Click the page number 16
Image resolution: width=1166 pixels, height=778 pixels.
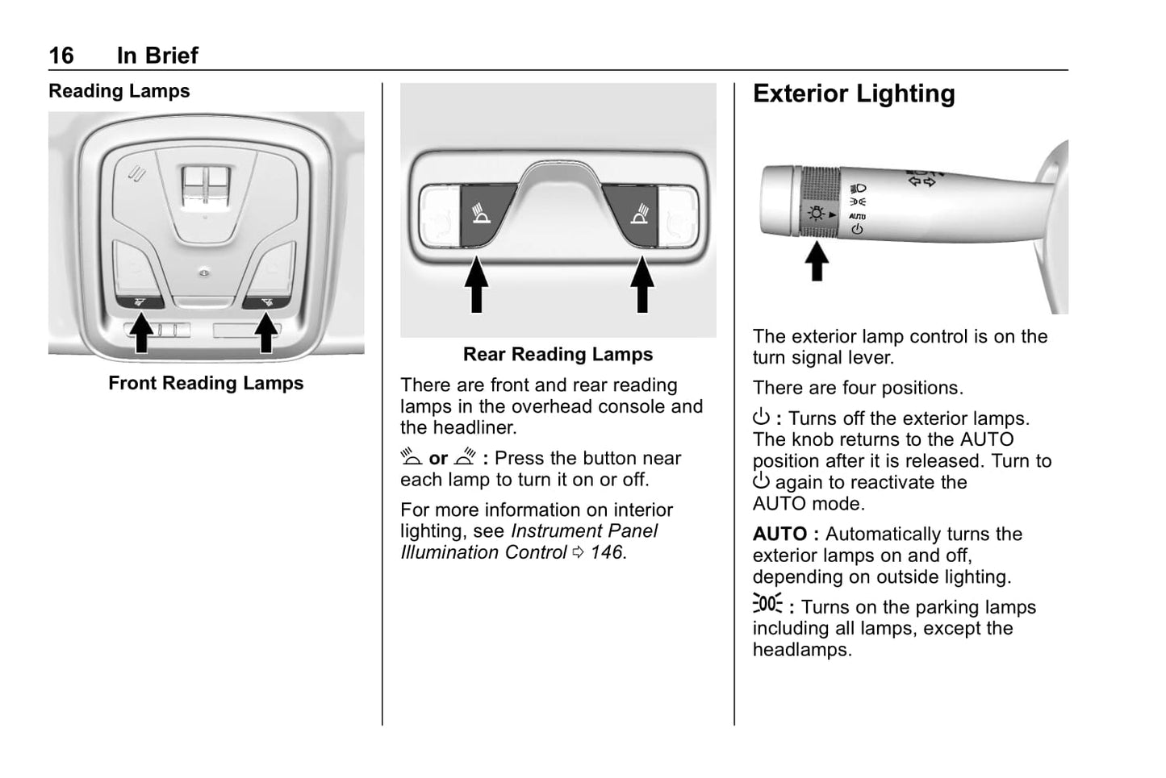coord(61,56)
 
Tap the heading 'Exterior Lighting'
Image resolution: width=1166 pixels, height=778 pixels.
coord(854,94)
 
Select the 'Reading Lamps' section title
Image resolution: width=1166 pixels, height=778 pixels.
coord(119,91)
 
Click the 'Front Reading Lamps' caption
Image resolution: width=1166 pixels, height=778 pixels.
coord(206,383)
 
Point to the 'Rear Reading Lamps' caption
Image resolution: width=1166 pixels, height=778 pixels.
coord(558,354)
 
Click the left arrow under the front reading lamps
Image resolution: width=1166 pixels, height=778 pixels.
coord(142,332)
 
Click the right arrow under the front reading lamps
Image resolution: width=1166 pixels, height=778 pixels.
coord(265,332)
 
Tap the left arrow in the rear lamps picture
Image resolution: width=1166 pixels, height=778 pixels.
coord(477,284)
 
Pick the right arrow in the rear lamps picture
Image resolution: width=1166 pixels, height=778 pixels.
coord(642,284)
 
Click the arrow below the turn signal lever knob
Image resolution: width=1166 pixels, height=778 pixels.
coord(817,261)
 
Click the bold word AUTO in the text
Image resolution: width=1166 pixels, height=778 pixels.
coord(779,534)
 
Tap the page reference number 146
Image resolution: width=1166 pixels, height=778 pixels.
coord(607,552)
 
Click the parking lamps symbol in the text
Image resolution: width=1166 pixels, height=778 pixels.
coord(767,604)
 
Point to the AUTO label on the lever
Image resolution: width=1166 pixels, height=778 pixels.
coord(857,216)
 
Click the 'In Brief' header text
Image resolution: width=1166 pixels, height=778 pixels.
coord(157,56)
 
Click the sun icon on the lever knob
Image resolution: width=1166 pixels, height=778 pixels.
coord(817,213)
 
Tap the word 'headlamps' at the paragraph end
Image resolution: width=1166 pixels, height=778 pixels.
coord(801,650)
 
